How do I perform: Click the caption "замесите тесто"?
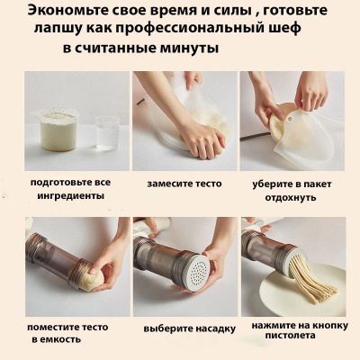point(183,184)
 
